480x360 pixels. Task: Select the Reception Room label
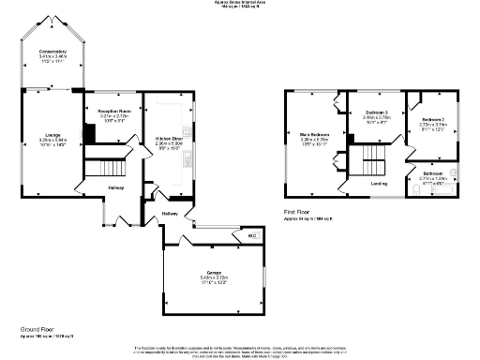[x=113, y=111]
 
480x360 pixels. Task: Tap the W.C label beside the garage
[x=250, y=236]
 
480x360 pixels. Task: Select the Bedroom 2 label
[x=432, y=120]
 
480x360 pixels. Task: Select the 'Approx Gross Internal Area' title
[x=240, y=4]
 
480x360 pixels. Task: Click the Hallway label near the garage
[x=171, y=214]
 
